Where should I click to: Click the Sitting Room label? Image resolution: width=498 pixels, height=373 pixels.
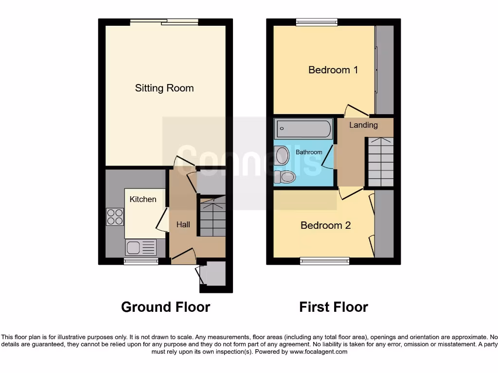(164, 88)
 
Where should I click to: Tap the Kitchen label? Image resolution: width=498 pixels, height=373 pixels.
(143, 199)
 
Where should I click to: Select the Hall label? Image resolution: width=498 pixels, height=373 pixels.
(183, 224)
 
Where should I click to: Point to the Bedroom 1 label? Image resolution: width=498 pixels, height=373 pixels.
(333, 70)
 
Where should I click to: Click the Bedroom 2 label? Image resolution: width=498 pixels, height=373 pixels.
(325, 225)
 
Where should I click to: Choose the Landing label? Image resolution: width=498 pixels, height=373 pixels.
(363, 125)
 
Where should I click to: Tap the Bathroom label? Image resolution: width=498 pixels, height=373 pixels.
(309, 152)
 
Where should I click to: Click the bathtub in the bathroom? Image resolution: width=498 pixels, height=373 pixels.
(304, 130)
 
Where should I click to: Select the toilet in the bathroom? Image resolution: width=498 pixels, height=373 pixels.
(285, 177)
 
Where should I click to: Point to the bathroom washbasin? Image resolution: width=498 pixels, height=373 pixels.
(281, 155)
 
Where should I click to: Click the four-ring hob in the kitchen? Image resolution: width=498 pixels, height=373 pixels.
(115, 217)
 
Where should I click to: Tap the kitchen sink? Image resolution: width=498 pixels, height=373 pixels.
(141, 248)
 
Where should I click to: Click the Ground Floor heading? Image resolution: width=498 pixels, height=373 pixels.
(165, 307)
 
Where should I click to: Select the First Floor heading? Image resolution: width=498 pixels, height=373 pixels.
(334, 307)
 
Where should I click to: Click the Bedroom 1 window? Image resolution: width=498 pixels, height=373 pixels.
(317, 22)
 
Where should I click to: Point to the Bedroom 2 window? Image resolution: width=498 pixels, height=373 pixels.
(325, 261)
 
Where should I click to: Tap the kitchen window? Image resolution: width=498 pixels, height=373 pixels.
(141, 261)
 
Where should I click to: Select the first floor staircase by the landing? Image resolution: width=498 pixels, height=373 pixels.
(380, 162)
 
